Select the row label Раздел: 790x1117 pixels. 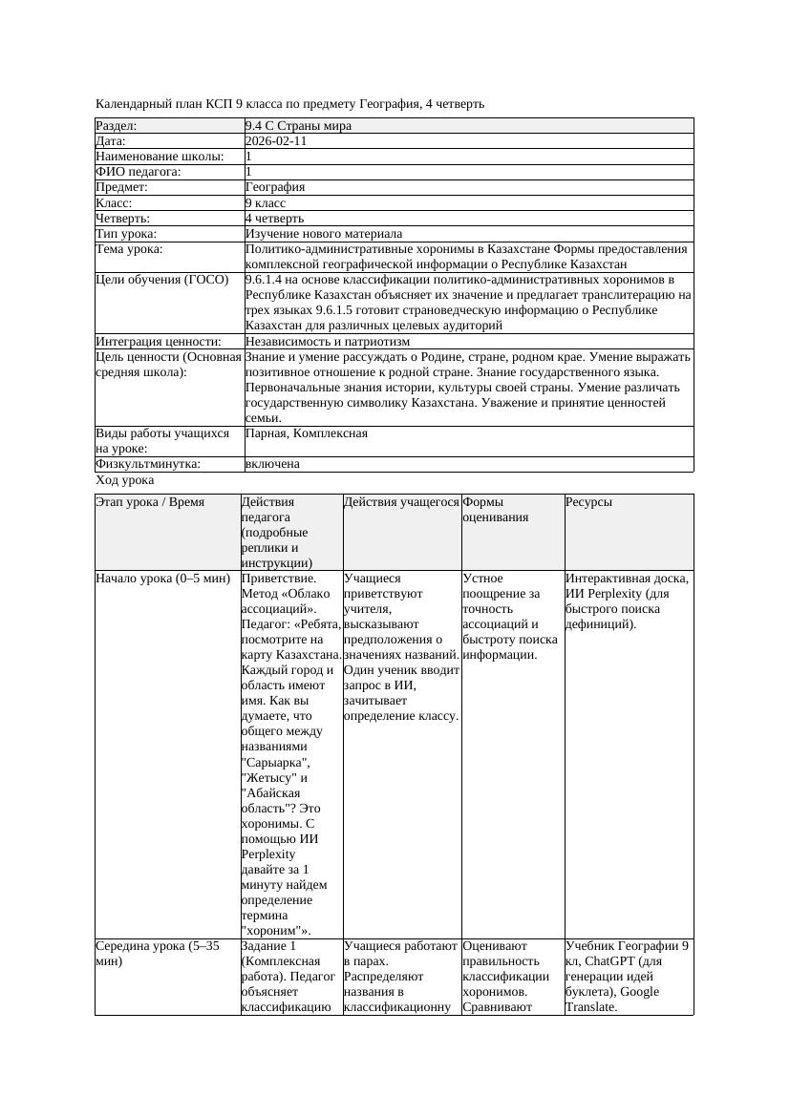pos(117,126)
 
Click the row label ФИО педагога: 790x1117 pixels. pos(139,172)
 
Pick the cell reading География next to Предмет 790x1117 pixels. pos(275,187)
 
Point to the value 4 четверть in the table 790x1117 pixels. pos(274,219)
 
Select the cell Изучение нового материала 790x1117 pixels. pos(324,234)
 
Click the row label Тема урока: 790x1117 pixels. pos(129,249)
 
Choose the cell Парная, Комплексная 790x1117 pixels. pos(307,433)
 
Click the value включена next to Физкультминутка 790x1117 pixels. pos(272,464)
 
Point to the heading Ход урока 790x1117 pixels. pos(125,481)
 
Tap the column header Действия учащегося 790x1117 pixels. pos(401,502)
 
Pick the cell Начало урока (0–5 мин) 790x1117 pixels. pos(162,579)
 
